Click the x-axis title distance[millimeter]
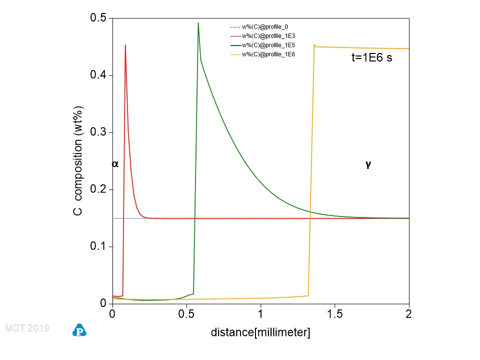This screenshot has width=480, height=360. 260,332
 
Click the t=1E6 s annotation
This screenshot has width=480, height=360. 372,58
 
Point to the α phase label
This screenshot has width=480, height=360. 115,163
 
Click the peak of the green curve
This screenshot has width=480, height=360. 198,23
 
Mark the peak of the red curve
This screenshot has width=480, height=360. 125,45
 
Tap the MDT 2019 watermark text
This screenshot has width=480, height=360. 26,328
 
